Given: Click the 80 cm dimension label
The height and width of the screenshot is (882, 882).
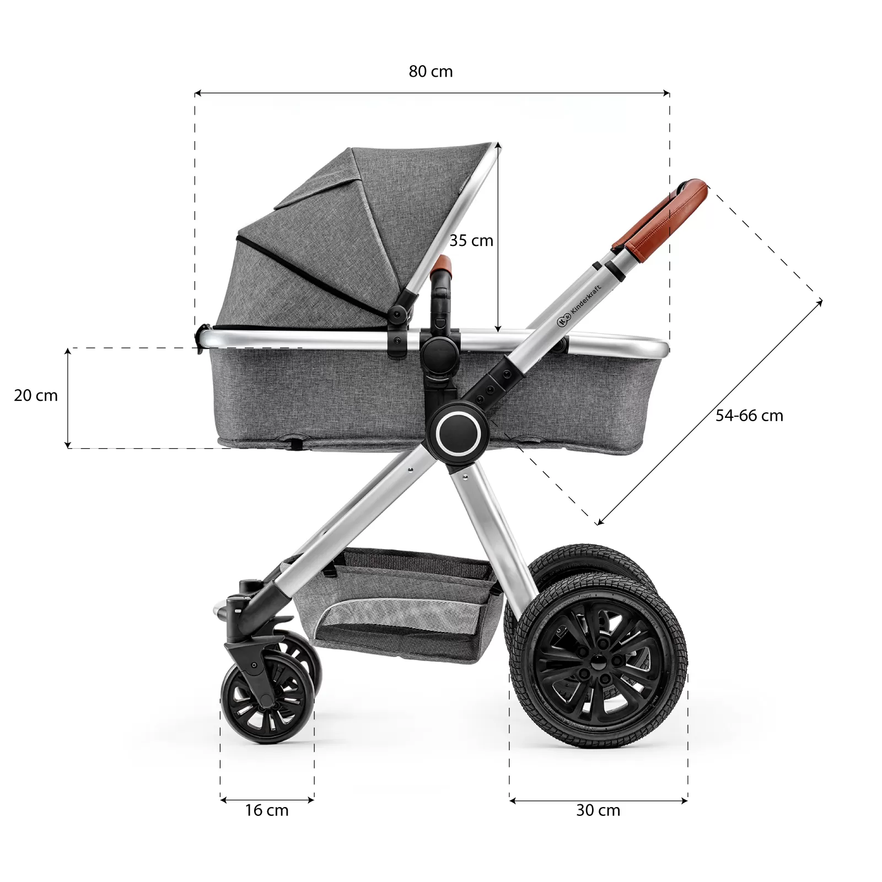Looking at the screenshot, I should coord(431,72).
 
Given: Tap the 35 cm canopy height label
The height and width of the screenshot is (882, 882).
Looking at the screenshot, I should coord(471,240).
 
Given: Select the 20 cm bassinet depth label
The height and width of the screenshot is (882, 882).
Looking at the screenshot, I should coord(36,395).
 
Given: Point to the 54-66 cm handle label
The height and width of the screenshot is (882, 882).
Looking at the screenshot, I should coord(749,416).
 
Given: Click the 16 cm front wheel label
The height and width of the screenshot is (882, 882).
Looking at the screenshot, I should coord(267,810).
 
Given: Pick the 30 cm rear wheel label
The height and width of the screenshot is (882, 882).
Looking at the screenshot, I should coord(598,810).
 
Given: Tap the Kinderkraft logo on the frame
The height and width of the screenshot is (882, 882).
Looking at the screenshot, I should coord(579,306).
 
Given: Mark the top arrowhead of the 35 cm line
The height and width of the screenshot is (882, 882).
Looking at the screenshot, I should coord(498,146).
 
